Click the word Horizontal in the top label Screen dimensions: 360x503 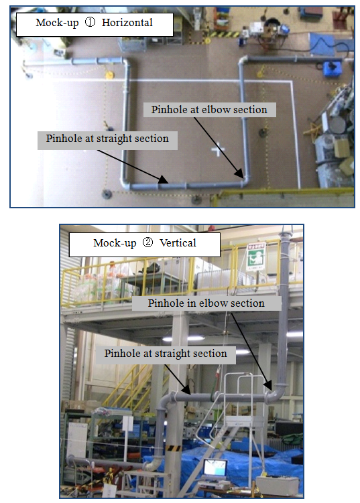pos(127,23)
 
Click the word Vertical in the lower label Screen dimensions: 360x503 pos(178,243)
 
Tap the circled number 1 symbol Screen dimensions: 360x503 pos(90,22)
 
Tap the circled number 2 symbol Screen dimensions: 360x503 pos(147,242)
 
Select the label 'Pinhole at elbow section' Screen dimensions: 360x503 pos(209,110)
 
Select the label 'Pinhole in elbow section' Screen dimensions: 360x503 pos(206,303)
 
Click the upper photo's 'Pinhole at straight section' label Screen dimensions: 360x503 pos(107,139)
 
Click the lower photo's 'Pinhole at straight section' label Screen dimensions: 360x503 pos(166,354)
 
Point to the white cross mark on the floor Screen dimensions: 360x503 pos(217,149)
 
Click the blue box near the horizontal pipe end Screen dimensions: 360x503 pos(332,68)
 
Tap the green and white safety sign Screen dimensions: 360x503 pos(255,257)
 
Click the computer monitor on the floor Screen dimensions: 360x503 pos(215,469)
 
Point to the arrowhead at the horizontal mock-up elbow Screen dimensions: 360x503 pos(239,173)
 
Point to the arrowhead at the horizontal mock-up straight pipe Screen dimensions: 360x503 pos(163,179)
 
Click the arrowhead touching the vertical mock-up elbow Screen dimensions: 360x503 pos(268,386)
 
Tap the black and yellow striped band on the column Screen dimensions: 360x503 pos(174,448)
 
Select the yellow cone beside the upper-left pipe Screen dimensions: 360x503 pos(109,75)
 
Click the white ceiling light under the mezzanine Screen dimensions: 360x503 pos(183,338)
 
